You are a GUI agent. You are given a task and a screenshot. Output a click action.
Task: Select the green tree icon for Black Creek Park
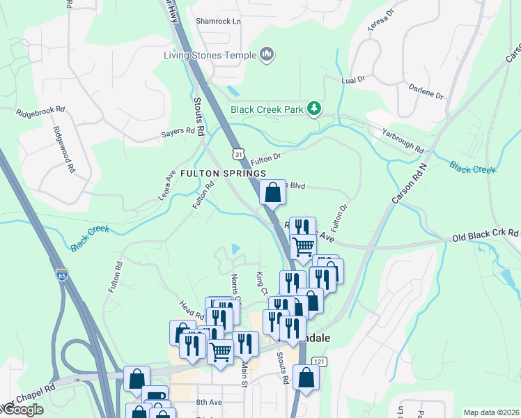pos(315,108)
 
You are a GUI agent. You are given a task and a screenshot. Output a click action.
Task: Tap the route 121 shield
pos(319,361)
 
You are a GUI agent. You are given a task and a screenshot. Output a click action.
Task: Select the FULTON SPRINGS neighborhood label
pos(223,173)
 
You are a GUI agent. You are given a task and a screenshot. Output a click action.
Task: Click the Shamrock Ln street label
pos(217,22)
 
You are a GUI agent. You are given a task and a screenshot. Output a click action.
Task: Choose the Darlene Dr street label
pos(426,91)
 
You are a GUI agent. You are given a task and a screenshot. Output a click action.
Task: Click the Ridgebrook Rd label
pos(40,110)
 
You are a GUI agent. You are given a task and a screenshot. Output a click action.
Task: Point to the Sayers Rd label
pos(178,131)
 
